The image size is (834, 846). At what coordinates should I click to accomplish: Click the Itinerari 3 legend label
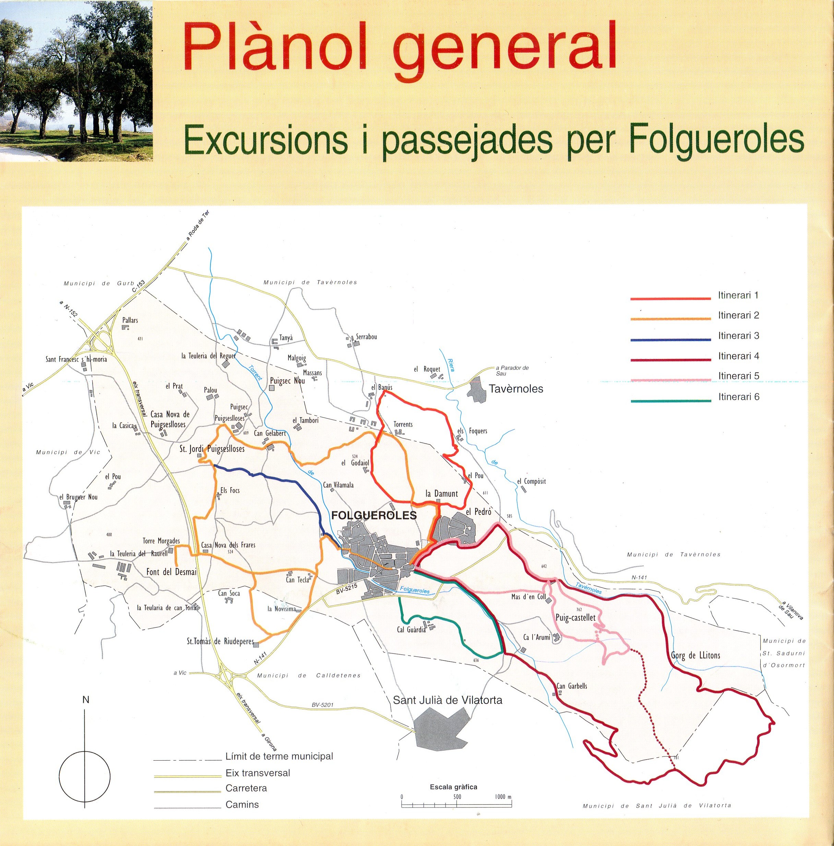[x=739, y=336]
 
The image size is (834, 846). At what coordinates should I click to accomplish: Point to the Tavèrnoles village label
[x=516, y=389]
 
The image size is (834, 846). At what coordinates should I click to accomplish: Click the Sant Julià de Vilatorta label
[x=448, y=700]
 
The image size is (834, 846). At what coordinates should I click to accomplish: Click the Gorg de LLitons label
[x=695, y=656]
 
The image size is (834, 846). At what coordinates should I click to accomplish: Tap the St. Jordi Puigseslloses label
[x=212, y=449]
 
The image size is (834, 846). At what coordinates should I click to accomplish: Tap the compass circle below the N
[x=84, y=777]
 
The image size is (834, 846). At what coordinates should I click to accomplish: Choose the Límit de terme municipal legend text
[x=279, y=756]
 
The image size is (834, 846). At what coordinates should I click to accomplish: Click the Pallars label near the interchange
[x=130, y=320]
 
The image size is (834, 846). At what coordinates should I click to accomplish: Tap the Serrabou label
[x=366, y=337]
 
